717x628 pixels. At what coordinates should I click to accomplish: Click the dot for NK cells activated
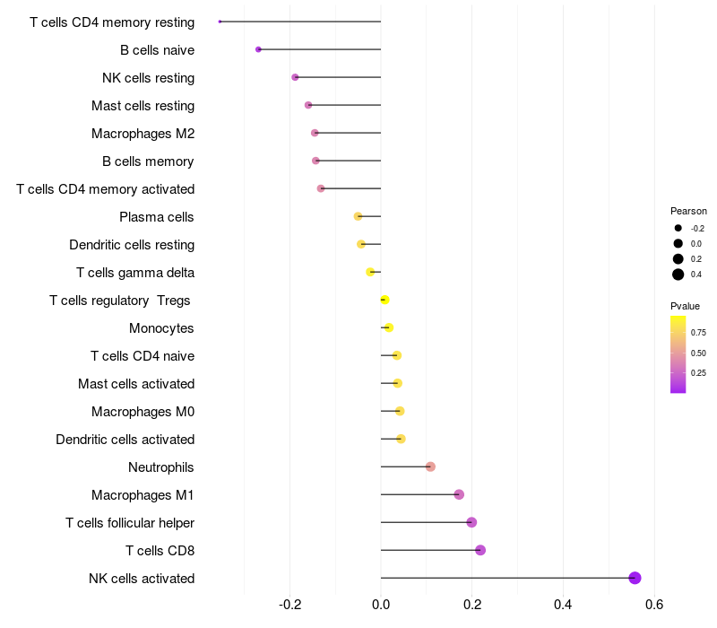click(x=635, y=578)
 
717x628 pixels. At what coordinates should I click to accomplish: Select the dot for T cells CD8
click(x=480, y=550)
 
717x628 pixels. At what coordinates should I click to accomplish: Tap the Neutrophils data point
click(x=430, y=467)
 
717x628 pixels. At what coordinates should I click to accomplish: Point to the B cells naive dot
click(x=258, y=49)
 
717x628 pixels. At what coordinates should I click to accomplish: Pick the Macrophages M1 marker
click(x=459, y=494)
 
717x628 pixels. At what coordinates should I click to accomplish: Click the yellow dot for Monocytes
click(x=388, y=327)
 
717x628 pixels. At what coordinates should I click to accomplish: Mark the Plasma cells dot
click(x=358, y=216)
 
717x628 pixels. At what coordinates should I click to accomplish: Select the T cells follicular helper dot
click(x=471, y=522)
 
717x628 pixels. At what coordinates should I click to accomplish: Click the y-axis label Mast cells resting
click(x=143, y=106)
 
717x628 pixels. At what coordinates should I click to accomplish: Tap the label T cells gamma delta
click(x=135, y=273)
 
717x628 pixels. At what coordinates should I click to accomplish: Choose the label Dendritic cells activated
click(x=125, y=440)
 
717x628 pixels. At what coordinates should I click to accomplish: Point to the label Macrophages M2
click(x=143, y=134)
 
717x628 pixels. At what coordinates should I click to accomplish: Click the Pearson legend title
click(x=688, y=211)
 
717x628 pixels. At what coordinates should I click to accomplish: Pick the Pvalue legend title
click(x=686, y=306)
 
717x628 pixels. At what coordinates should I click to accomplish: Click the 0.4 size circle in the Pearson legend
click(x=678, y=275)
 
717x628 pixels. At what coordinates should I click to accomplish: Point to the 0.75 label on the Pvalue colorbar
click(x=698, y=332)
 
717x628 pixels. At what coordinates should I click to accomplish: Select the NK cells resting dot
click(x=295, y=77)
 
